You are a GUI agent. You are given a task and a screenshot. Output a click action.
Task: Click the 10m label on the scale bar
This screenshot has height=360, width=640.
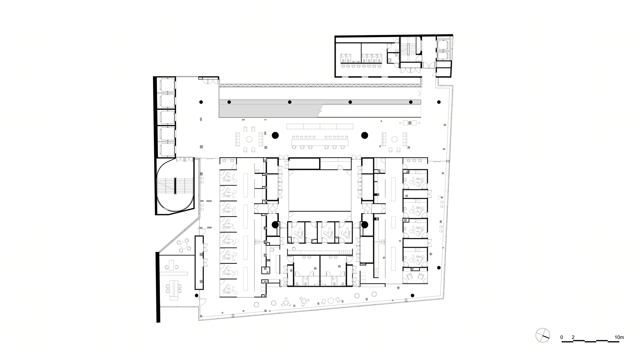coord(619,337)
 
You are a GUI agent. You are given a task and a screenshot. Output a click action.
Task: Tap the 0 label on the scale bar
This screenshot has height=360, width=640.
coord(562,337)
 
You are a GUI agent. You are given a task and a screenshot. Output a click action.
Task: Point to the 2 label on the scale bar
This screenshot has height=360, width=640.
coord(573,337)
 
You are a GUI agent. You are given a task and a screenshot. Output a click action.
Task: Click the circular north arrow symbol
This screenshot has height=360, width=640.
coord(543,335)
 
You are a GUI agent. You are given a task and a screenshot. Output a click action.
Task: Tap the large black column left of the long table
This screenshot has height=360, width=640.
coord(275,135)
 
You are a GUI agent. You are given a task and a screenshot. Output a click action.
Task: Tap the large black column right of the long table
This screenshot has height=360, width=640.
coord(364,135)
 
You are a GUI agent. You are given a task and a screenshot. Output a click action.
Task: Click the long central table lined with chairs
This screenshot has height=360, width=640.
coord(320,142)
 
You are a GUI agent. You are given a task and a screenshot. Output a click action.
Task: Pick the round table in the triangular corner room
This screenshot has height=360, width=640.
coord(184,246)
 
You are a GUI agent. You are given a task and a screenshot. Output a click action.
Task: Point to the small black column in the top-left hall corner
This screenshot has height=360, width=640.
coord(201,102)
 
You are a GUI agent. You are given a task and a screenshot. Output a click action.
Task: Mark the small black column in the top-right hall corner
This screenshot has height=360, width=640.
coord(439,102)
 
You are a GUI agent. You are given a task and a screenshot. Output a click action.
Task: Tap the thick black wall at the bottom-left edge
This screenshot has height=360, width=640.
coord(158,287)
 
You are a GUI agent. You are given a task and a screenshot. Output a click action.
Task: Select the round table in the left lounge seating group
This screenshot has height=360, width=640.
coord(249,140)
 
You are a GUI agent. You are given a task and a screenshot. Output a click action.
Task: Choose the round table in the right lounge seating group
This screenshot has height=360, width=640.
coord(394,140)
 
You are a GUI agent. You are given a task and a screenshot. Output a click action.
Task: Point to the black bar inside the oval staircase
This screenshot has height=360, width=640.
coord(175,186)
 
